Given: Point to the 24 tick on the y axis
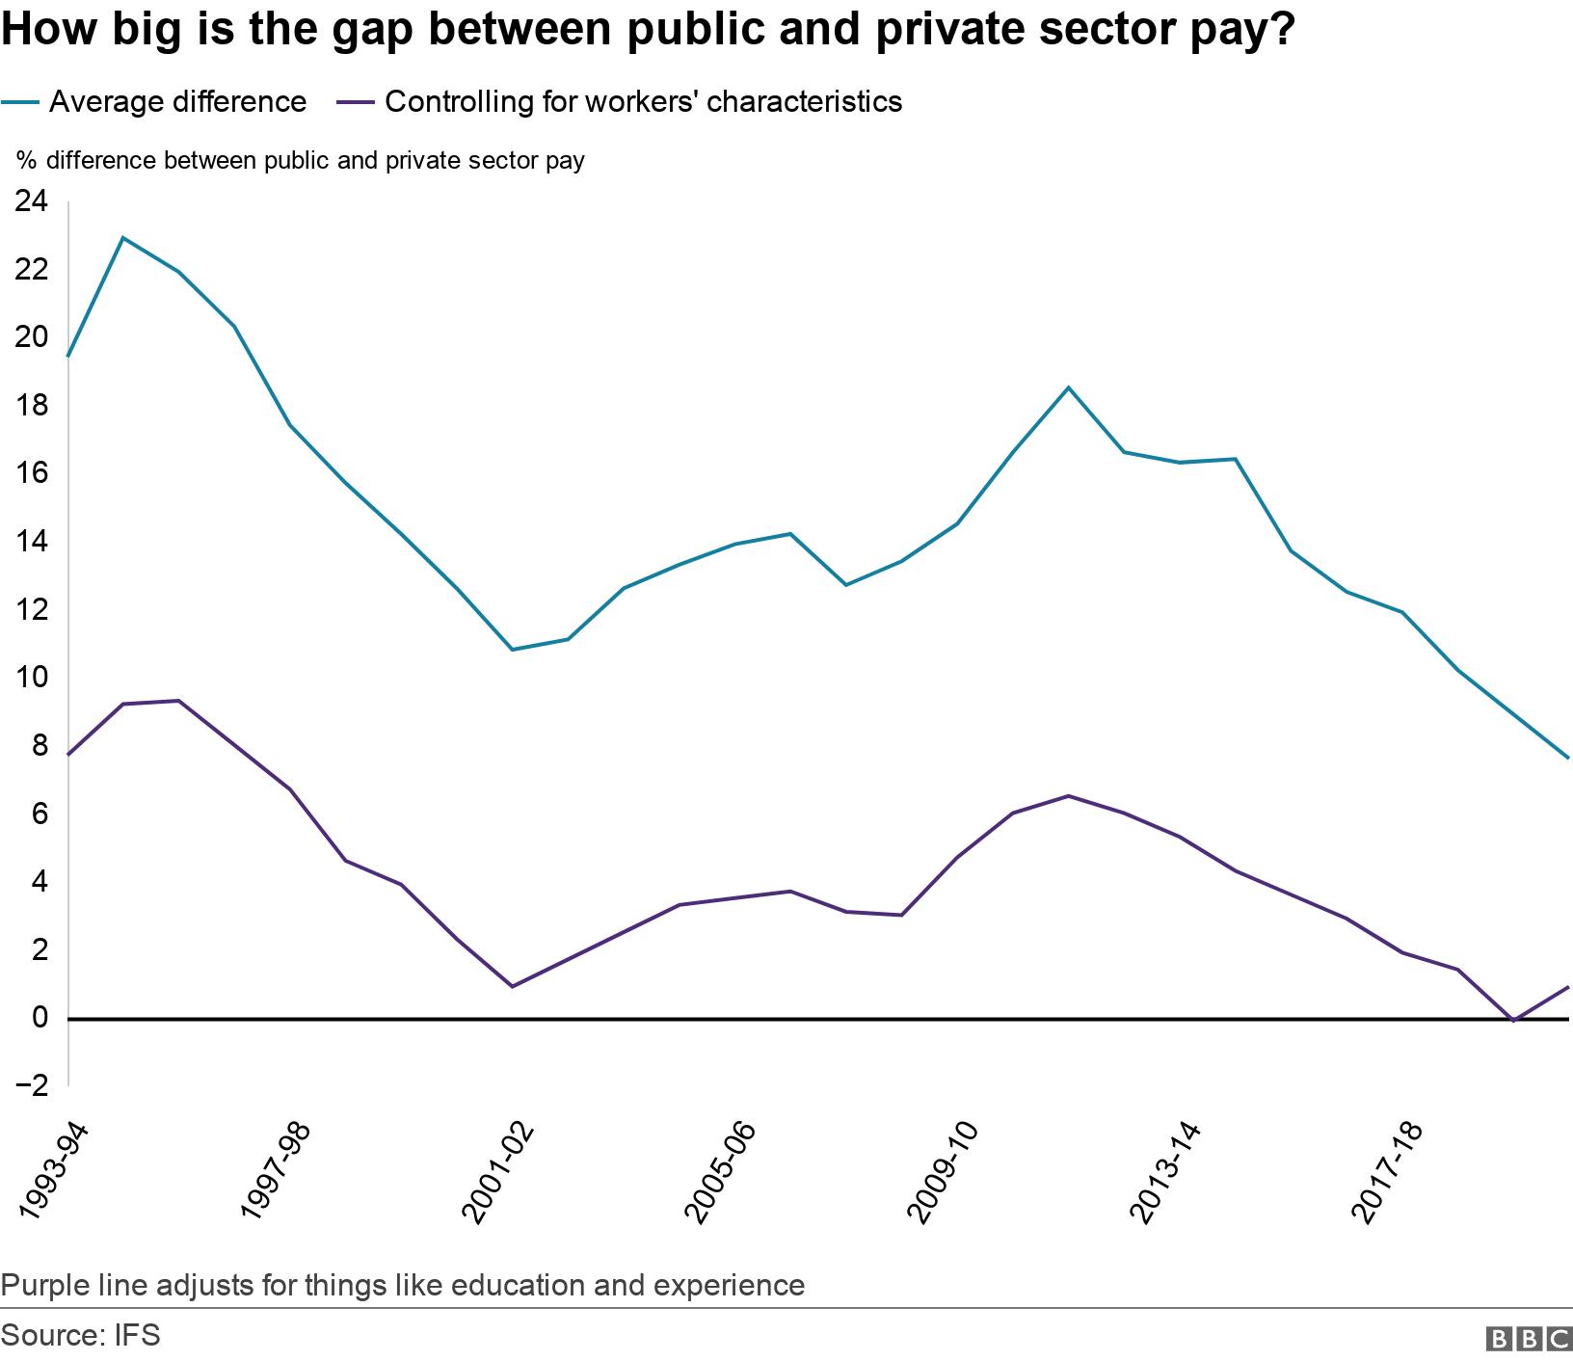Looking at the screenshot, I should click(x=30, y=201).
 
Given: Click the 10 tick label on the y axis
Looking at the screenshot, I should click(x=30, y=678).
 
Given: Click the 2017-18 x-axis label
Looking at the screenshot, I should click(x=1388, y=1170).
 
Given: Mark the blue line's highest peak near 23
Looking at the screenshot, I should click(x=123, y=237).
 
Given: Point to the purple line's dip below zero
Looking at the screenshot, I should click(x=1514, y=1021).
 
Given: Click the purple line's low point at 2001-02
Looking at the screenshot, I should click(x=512, y=986).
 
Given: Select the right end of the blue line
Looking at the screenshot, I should click(x=1568, y=759).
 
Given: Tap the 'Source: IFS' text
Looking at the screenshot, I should click(x=81, y=1336).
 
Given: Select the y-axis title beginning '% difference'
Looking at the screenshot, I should click(x=300, y=160).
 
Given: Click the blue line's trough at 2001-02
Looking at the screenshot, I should click(x=512, y=650).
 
